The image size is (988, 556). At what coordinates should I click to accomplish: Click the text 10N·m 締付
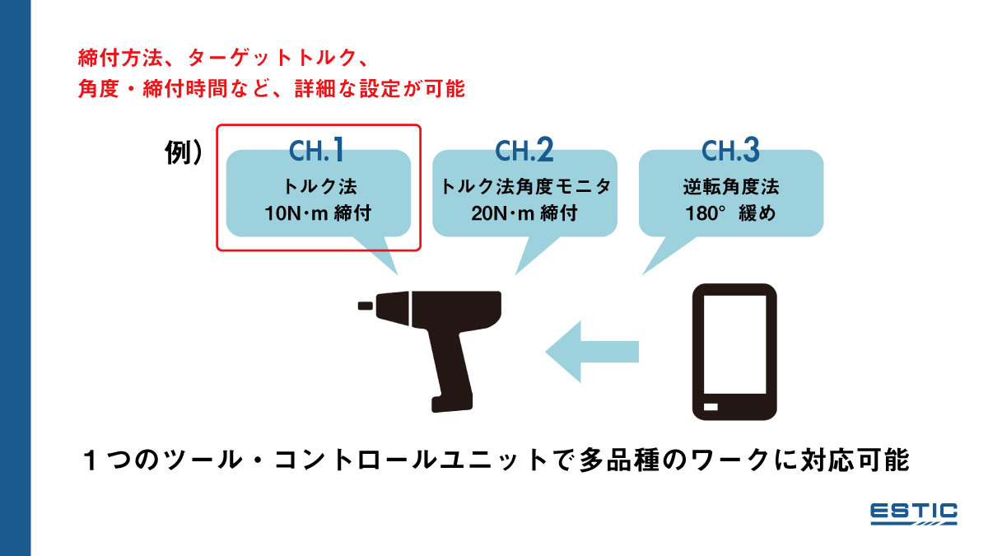point(318,213)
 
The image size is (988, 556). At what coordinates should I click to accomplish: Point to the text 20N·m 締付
point(524,213)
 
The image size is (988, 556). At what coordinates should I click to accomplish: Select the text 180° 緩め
point(731,213)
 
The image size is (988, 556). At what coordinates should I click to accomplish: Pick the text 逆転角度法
point(731,187)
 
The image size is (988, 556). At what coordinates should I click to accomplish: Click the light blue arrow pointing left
point(593,351)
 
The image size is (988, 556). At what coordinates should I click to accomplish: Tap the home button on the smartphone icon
point(710,408)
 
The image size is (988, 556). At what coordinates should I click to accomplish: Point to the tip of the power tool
point(364,306)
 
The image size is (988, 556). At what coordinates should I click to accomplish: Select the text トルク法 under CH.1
point(318,187)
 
